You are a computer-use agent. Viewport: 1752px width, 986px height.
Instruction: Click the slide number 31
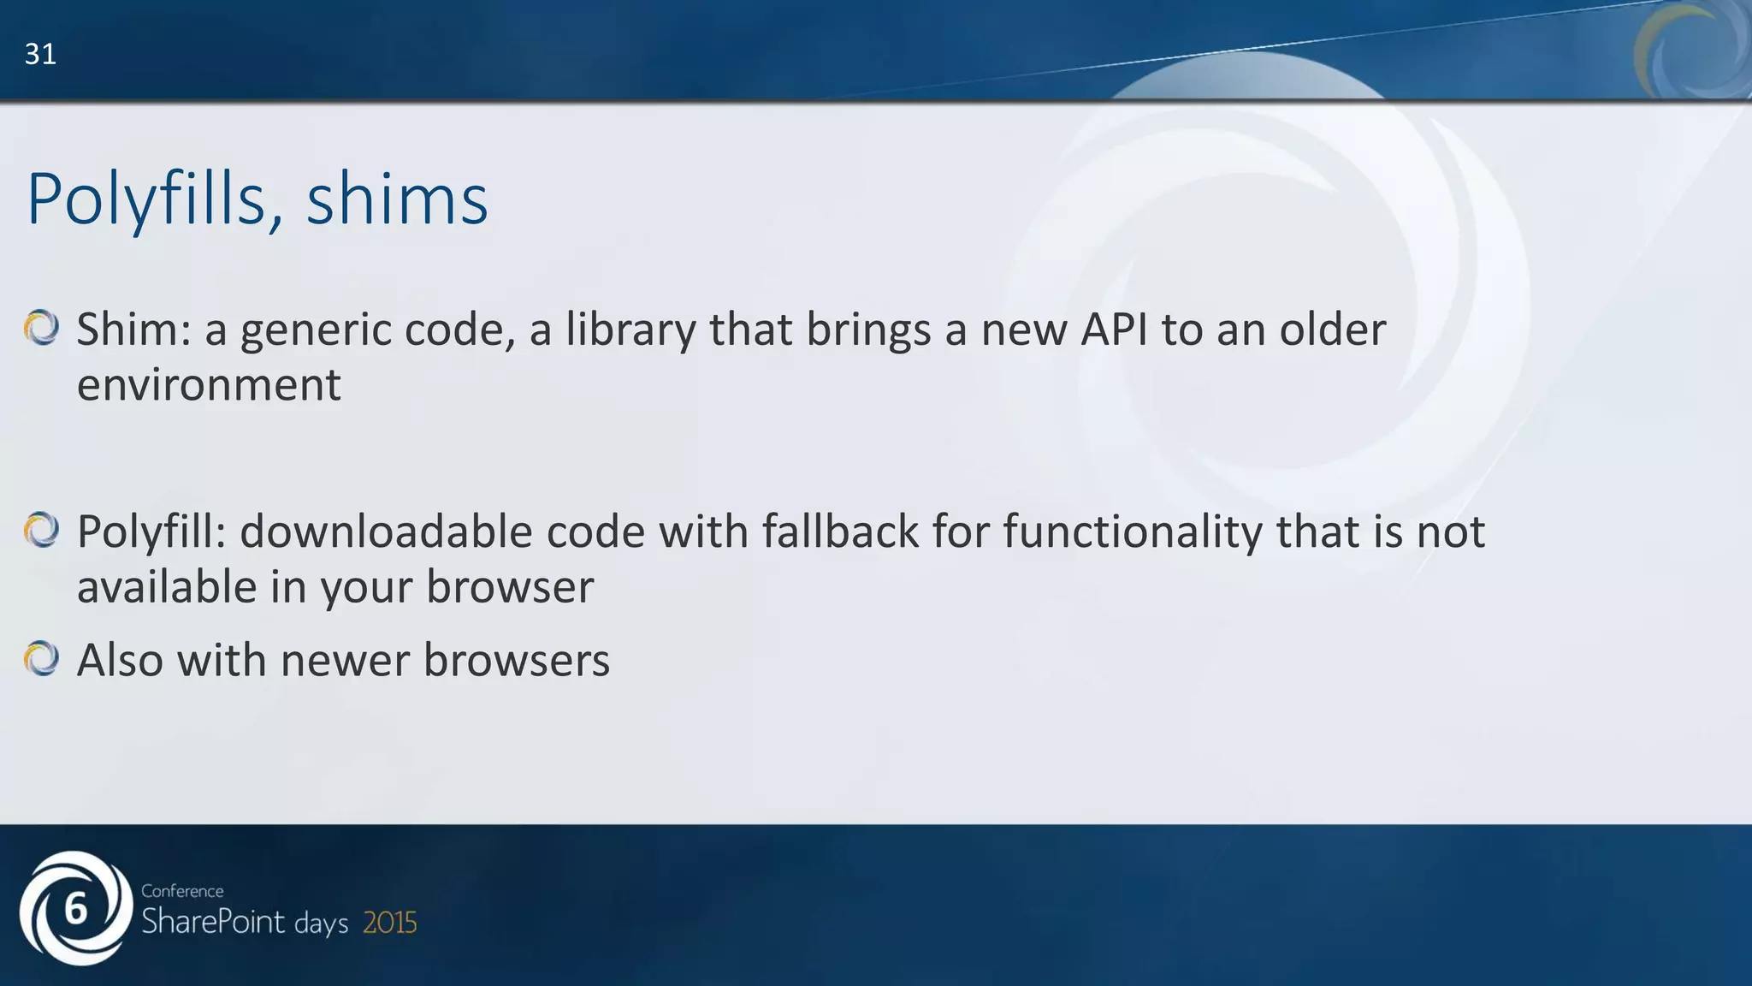tap(40, 55)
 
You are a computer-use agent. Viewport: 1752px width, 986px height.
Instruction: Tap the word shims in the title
tap(397, 199)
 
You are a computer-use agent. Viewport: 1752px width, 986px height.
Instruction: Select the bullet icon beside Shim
tap(41, 328)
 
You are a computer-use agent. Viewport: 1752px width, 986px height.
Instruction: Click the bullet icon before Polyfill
tap(41, 530)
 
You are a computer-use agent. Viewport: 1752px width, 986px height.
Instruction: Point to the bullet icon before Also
tap(41, 659)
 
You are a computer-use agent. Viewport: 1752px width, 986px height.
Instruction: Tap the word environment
tap(209, 384)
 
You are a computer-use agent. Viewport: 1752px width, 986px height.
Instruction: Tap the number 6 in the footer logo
tap(76, 909)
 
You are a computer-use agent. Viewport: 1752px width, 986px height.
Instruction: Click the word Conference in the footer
tap(182, 891)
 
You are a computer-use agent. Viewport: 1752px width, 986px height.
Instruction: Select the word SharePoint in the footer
tap(213, 923)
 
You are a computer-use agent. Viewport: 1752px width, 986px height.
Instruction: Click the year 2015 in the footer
tap(390, 924)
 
